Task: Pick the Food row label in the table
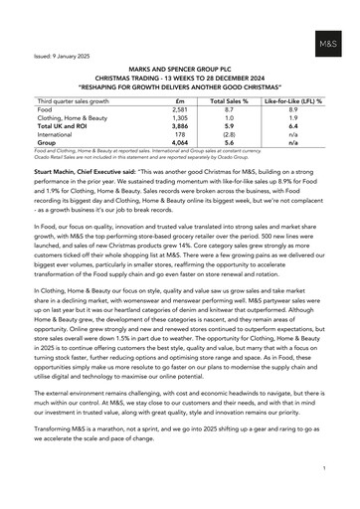coord(47,110)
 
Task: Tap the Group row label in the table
coord(49,144)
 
